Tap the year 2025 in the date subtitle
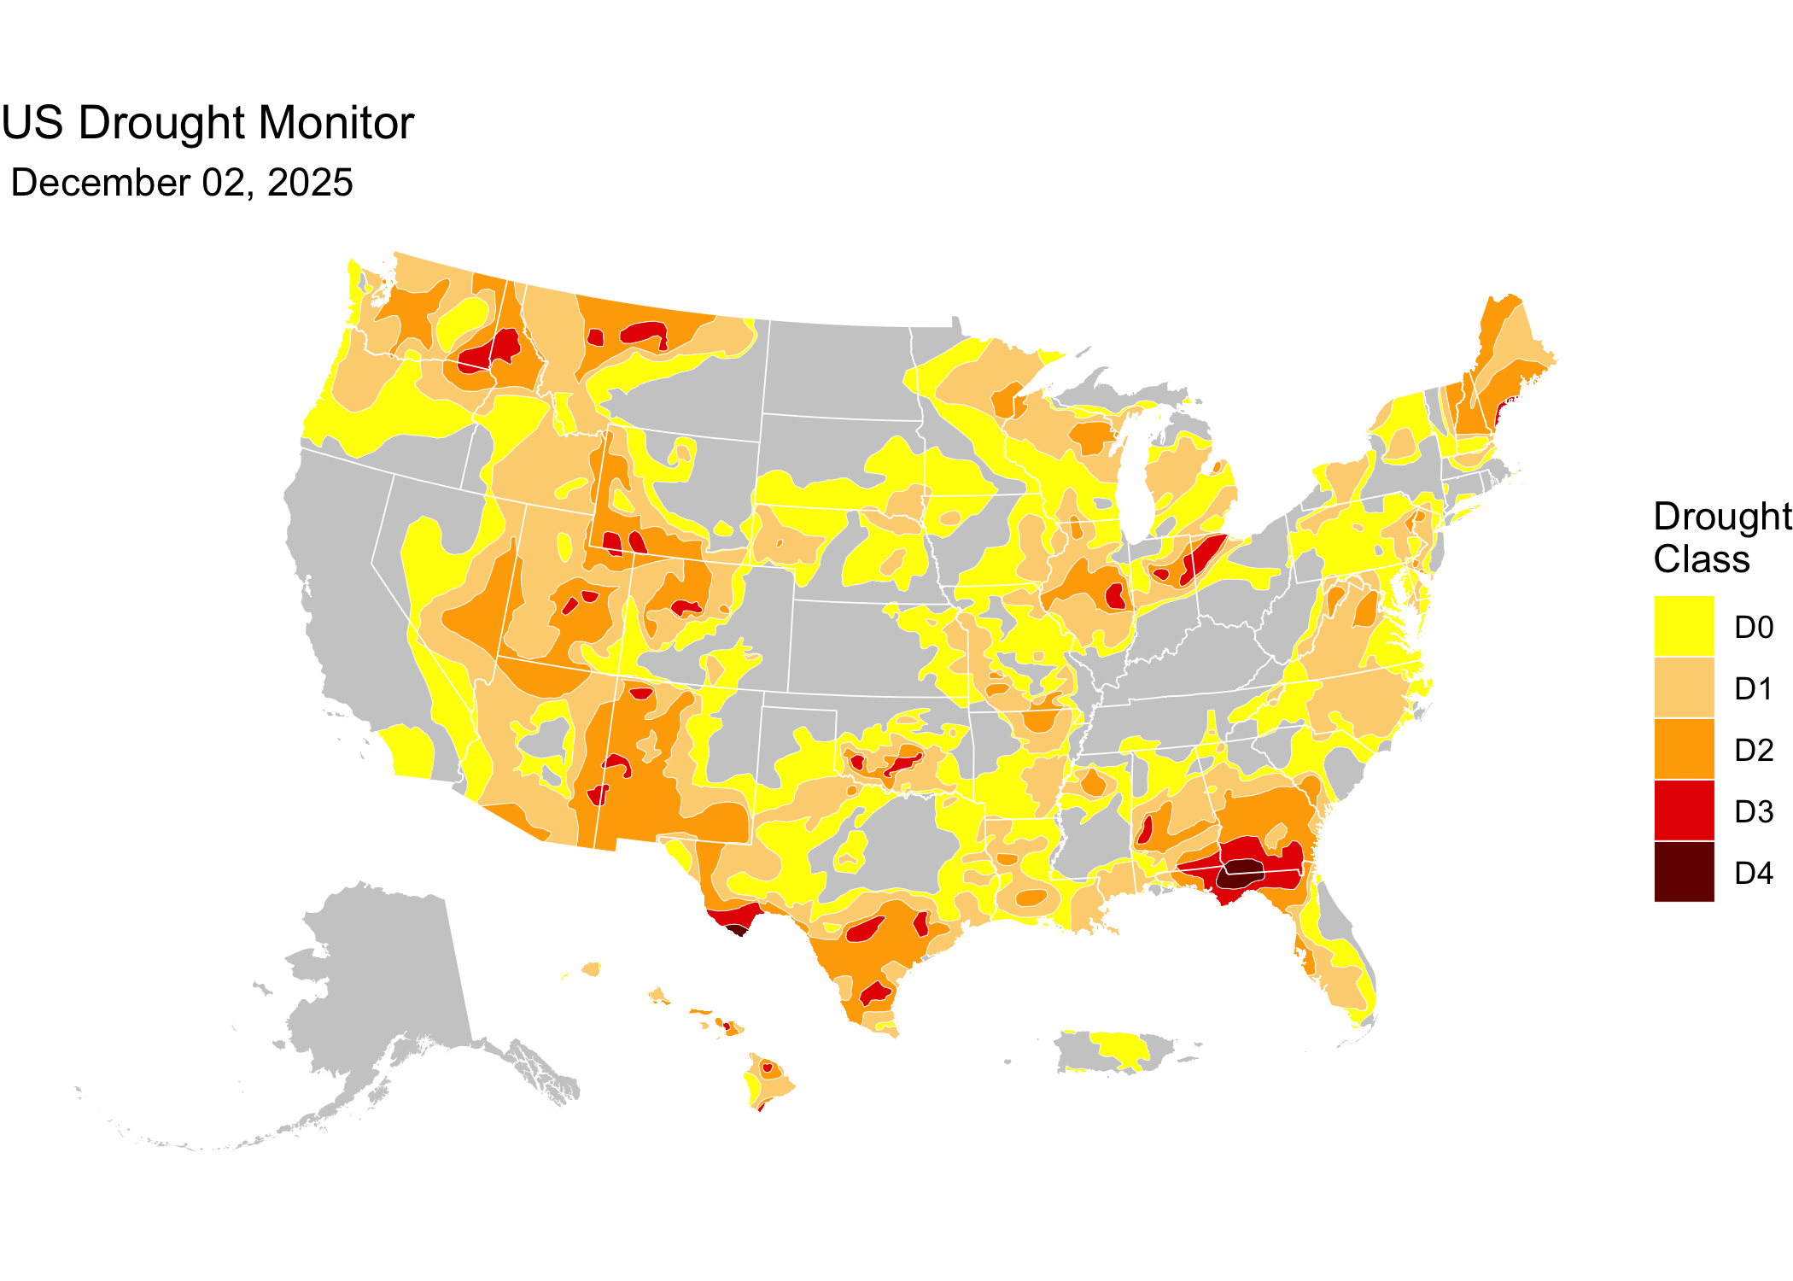pyautogui.click(x=310, y=184)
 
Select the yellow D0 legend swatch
pyautogui.click(x=1684, y=626)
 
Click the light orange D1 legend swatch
pyautogui.click(x=1684, y=687)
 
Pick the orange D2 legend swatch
pyautogui.click(x=1684, y=749)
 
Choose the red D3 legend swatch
pyautogui.click(x=1684, y=810)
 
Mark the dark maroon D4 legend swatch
pyautogui.click(x=1684, y=872)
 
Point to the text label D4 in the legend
pyautogui.click(x=1754, y=874)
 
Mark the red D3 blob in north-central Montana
pyautogui.click(x=645, y=332)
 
